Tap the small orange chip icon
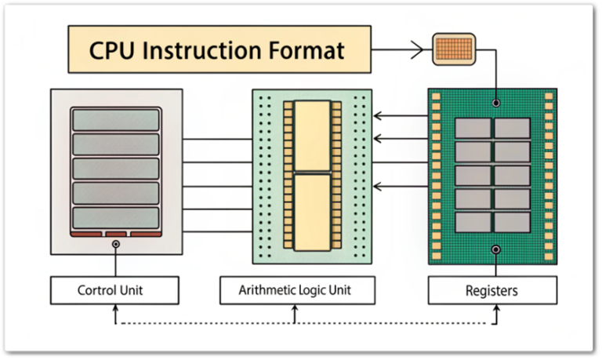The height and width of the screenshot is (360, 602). point(454,49)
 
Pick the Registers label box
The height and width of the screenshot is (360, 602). point(491,291)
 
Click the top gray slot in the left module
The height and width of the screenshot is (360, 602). point(116,119)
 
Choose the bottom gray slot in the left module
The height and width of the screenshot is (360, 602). point(116,217)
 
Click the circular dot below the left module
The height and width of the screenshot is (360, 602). point(116,245)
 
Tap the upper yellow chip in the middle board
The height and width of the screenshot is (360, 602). point(312,136)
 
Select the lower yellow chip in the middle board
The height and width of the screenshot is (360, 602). point(312,208)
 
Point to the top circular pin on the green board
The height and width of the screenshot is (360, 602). point(495,102)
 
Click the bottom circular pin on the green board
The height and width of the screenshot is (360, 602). point(495,249)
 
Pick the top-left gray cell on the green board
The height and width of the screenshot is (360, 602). point(473,128)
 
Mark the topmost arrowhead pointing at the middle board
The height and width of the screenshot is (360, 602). point(376,116)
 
